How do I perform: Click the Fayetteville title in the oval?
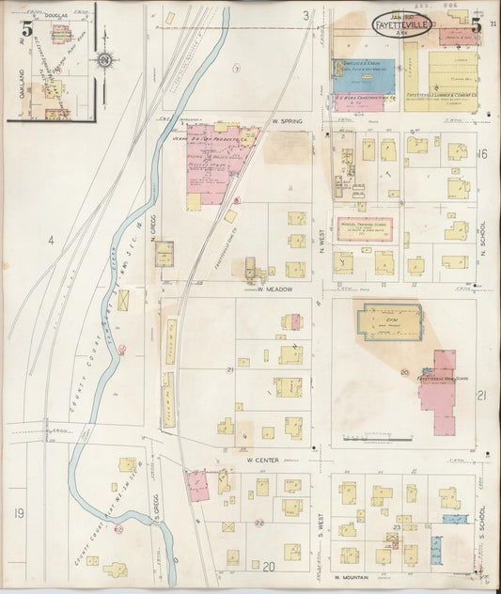[x=402, y=25]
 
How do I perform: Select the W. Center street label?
[x=265, y=460]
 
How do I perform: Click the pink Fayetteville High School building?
[x=438, y=391]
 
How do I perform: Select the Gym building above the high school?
[x=387, y=321]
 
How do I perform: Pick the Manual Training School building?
[x=365, y=229]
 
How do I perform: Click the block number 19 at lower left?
[x=19, y=513]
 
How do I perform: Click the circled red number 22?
[x=259, y=523]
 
